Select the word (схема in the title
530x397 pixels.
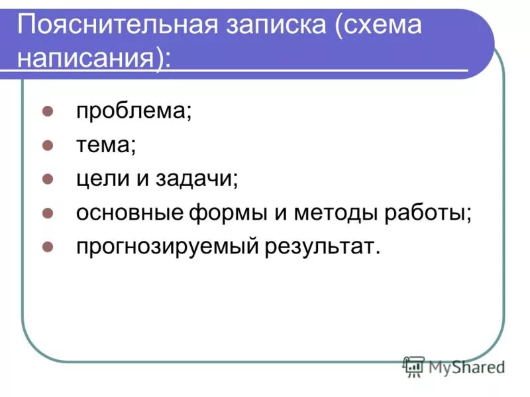[x=378, y=27]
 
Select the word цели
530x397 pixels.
[x=101, y=179]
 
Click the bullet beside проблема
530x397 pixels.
[x=48, y=110]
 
